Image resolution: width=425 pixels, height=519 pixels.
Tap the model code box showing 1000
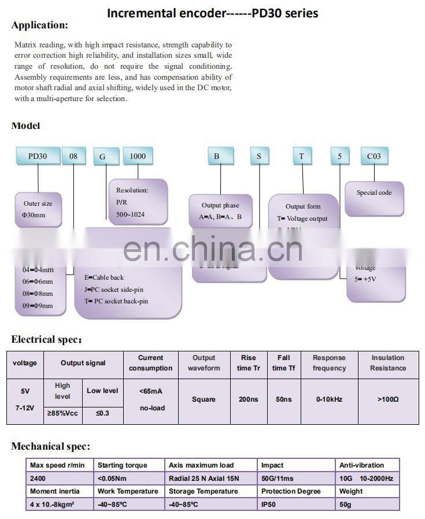click(137, 156)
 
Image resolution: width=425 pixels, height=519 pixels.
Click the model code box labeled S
click(259, 156)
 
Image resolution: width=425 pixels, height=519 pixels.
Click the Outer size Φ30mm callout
click(38, 209)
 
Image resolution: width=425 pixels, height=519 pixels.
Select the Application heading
click(40, 25)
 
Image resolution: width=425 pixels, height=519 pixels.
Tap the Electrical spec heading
click(47, 339)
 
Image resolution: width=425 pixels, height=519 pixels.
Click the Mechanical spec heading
click(51, 446)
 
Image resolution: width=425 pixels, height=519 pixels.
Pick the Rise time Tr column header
click(247, 363)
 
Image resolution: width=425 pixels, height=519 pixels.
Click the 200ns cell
click(247, 399)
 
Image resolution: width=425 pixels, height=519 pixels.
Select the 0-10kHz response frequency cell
click(329, 399)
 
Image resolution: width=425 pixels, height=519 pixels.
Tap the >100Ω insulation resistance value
click(388, 399)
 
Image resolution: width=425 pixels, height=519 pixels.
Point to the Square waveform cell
click(204, 399)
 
